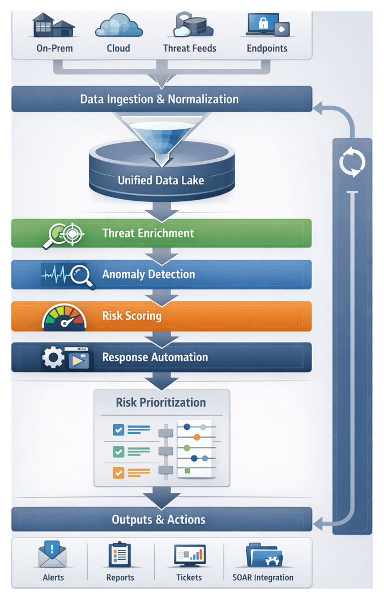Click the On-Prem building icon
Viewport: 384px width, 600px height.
(54, 26)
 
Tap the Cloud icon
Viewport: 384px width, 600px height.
(118, 26)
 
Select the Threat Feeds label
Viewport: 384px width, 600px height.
(189, 48)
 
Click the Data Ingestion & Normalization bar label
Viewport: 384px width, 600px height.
(159, 99)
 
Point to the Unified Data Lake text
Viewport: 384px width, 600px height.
(161, 180)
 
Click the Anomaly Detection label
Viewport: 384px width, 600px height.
(148, 274)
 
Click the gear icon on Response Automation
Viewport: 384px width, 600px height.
(54, 358)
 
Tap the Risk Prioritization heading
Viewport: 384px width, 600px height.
(161, 403)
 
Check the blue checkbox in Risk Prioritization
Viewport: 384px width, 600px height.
(119, 430)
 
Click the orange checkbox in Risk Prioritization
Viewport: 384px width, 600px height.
(119, 472)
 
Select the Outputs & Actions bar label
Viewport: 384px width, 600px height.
(159, 519)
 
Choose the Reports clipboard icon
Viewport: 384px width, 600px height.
(120, 555)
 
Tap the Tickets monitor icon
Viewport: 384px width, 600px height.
(189, 556)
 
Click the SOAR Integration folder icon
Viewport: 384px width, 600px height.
(262, 556)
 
